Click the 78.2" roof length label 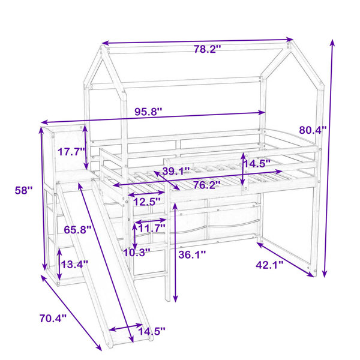pos(208,49)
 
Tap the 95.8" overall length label pos(148,112)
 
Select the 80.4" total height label pos(313,130)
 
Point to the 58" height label pos(24,190)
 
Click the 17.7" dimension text pos(71,152)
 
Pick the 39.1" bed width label pos(176,171)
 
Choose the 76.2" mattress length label pos(207,185)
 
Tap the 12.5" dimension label pos(147,202)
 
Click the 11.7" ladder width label pos(152,228)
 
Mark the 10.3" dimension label pos(137,253)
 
